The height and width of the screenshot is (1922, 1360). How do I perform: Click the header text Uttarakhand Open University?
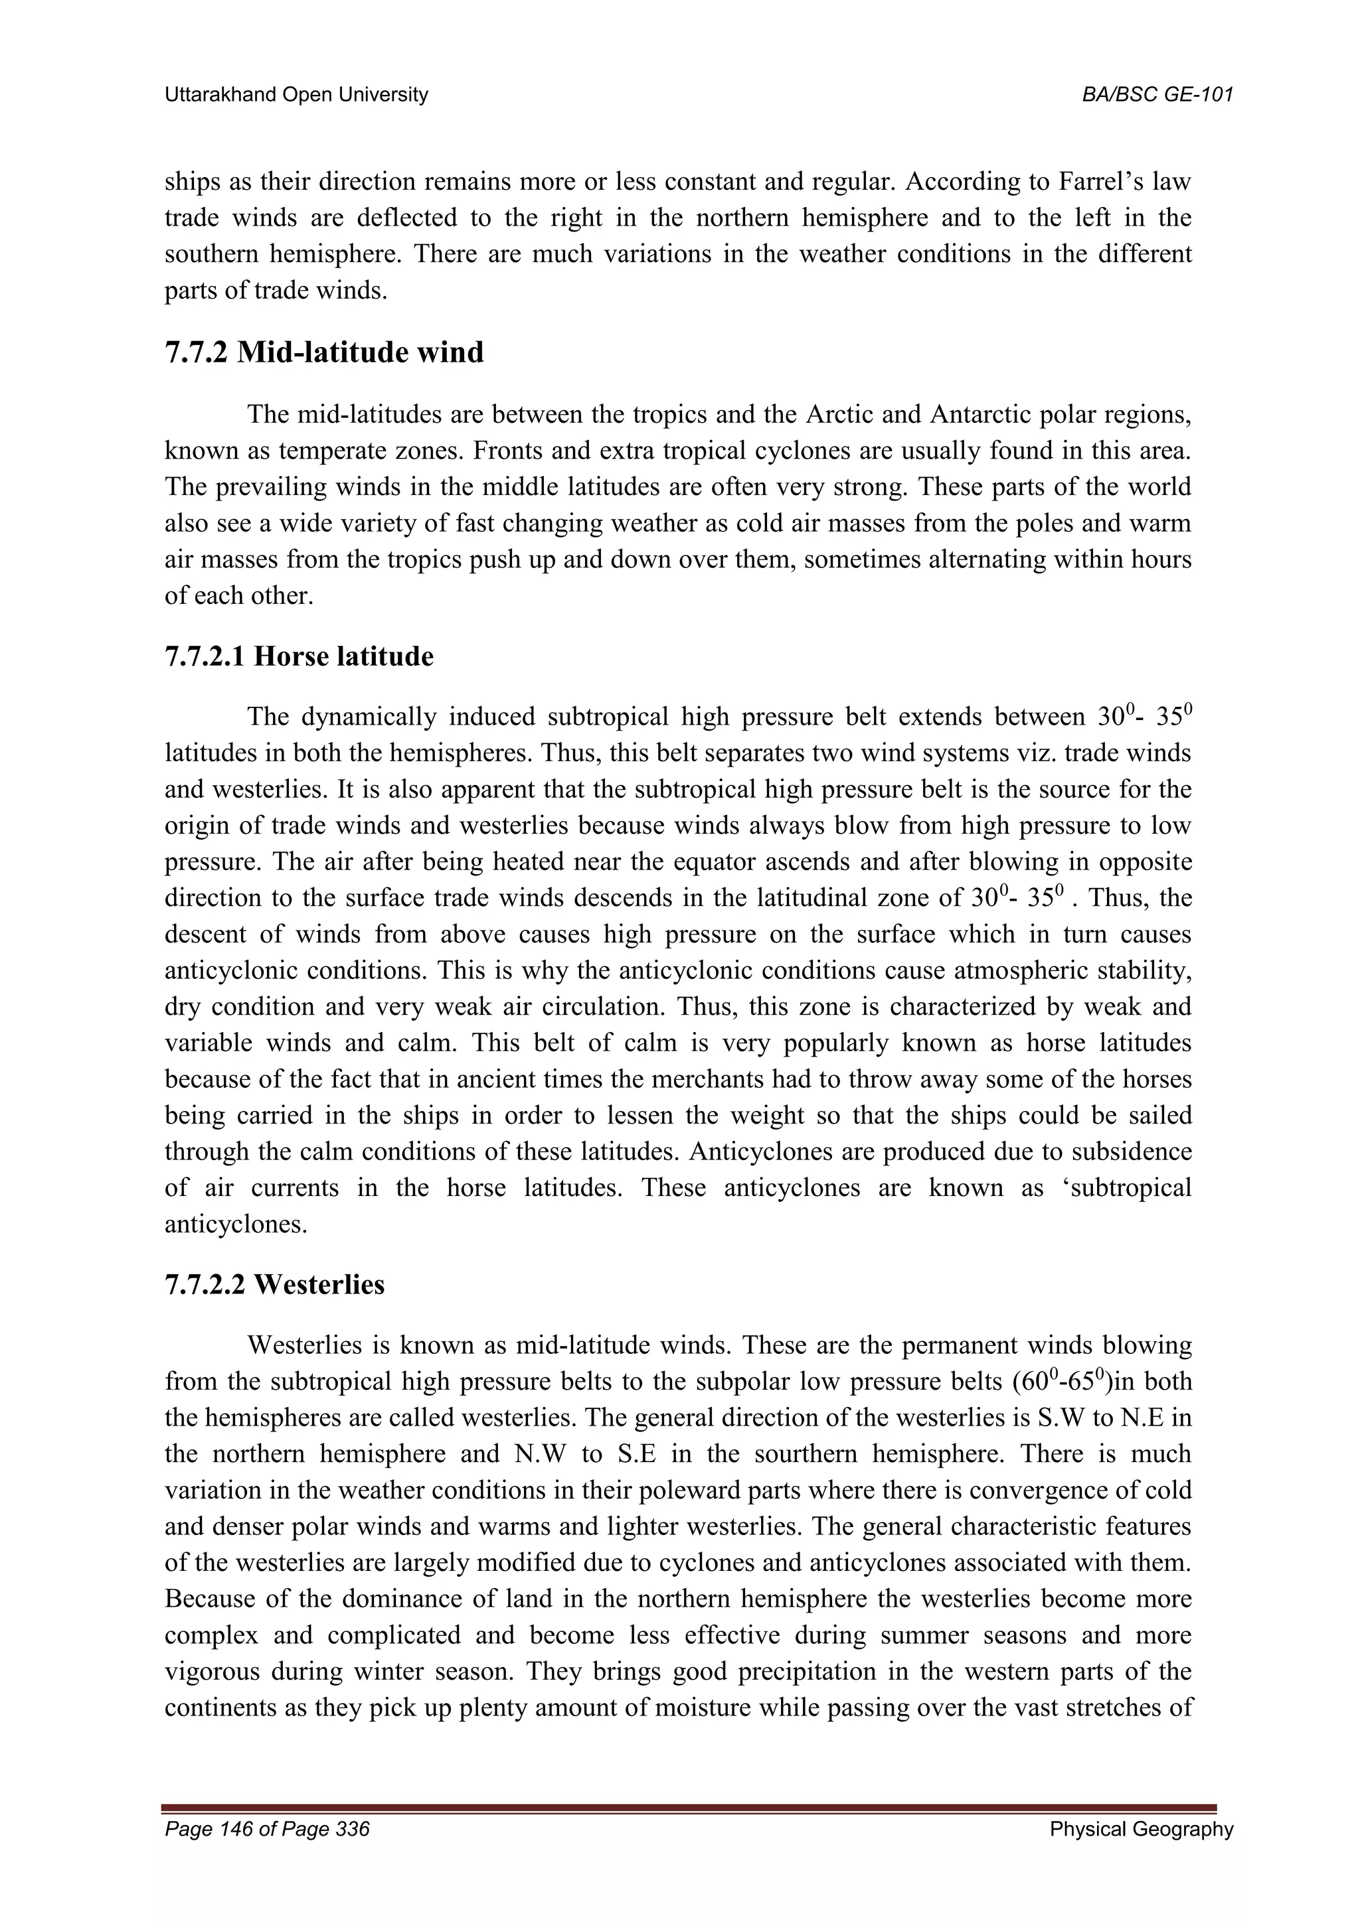click(x=296, y=96)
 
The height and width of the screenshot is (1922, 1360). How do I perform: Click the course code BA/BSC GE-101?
click(x=1157, y=96)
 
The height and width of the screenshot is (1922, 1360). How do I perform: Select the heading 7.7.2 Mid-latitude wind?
click(x=324, y=352)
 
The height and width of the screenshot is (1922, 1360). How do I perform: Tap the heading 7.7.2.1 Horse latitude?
click(x=299, y=656)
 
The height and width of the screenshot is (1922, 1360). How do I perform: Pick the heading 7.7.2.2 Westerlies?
click(x=275, y=1284)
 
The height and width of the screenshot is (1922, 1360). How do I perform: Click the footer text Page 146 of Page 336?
click(x=267, y=1829)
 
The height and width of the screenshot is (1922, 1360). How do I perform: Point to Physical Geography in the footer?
click(x=1142, y=1829)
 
